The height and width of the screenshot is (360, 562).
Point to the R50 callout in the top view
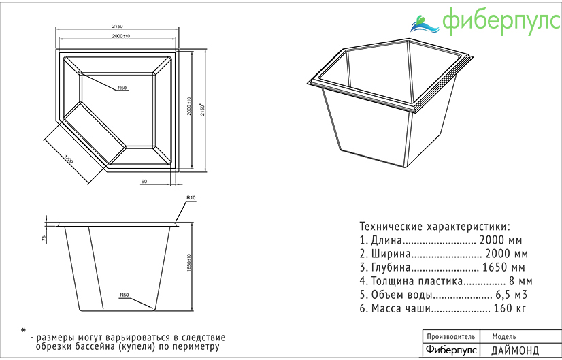point(122,88)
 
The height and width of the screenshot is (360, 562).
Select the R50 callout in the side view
point(125,295)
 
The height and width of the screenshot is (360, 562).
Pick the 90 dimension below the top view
point(144,181)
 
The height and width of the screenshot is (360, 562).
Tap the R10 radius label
point(191,197)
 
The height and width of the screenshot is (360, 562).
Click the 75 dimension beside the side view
point(44,238)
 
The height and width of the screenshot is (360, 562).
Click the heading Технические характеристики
point(434,226)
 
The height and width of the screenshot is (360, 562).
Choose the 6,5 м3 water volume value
point(511,295)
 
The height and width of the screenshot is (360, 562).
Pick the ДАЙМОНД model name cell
point(514,350)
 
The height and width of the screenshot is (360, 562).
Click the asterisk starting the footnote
point(22,330)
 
